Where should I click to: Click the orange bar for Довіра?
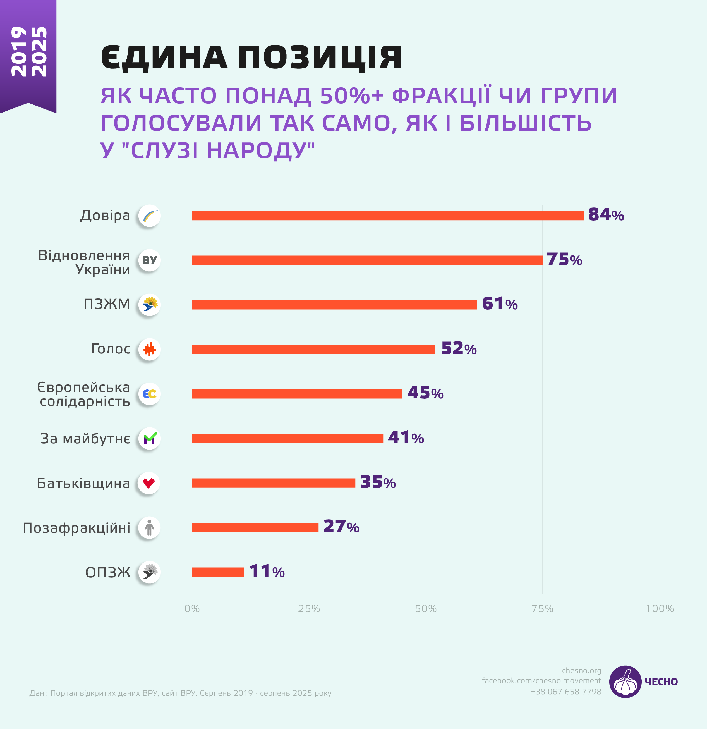tap(388, 216)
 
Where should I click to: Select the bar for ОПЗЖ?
tap(217, 572)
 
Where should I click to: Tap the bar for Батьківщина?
tap(273, 483)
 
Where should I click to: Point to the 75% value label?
tap(564, 260)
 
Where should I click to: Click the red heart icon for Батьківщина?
tap(149, 483)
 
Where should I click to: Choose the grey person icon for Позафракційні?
tap(149, 527)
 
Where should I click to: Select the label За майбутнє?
tap(85, 439)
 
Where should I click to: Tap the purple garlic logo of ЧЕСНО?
tap(625, 682)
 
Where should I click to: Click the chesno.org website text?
tap(581, 671)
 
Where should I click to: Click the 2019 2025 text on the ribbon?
tap(29, 51)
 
